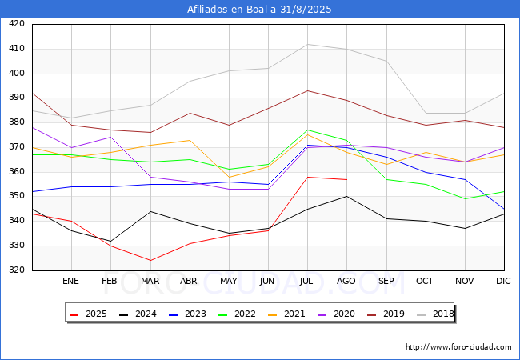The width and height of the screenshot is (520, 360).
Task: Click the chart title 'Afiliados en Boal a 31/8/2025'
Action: click(259, 10)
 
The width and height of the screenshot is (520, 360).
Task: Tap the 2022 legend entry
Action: click(234, 314)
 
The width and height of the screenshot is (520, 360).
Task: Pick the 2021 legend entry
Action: click(282, 314)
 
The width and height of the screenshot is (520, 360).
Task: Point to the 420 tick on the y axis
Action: click(16, 24)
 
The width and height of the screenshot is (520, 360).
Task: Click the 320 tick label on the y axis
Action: click(16, 270)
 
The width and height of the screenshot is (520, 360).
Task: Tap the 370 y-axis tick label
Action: click(16, 147)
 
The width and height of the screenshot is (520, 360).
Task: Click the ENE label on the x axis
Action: click(70, 282)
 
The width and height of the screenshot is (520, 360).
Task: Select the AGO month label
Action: click(346, 282)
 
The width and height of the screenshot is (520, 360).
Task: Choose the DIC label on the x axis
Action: click(503, 282)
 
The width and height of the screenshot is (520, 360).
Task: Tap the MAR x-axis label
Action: click(150, 282)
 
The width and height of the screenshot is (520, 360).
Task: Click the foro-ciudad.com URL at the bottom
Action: click(458, 347)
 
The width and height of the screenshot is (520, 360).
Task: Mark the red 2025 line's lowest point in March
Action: click(150, 260)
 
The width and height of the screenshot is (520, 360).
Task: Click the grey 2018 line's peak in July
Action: click(307, 44)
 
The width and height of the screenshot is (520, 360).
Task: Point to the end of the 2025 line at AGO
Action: click(346, 179)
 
